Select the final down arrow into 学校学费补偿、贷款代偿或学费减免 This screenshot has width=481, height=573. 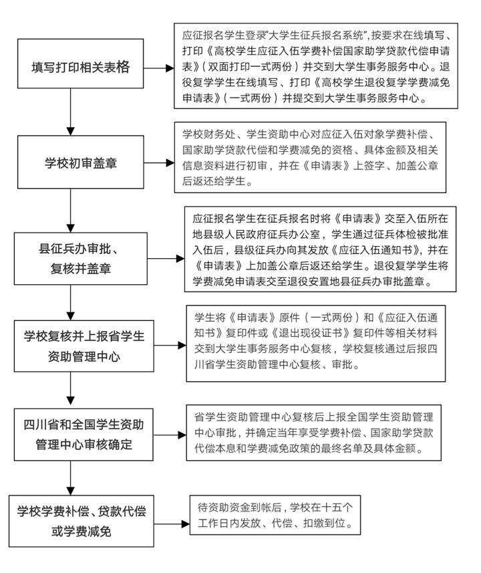(70, 478)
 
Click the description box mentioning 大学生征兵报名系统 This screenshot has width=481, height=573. (317, 64)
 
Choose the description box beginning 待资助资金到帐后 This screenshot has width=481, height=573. (275, 514)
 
